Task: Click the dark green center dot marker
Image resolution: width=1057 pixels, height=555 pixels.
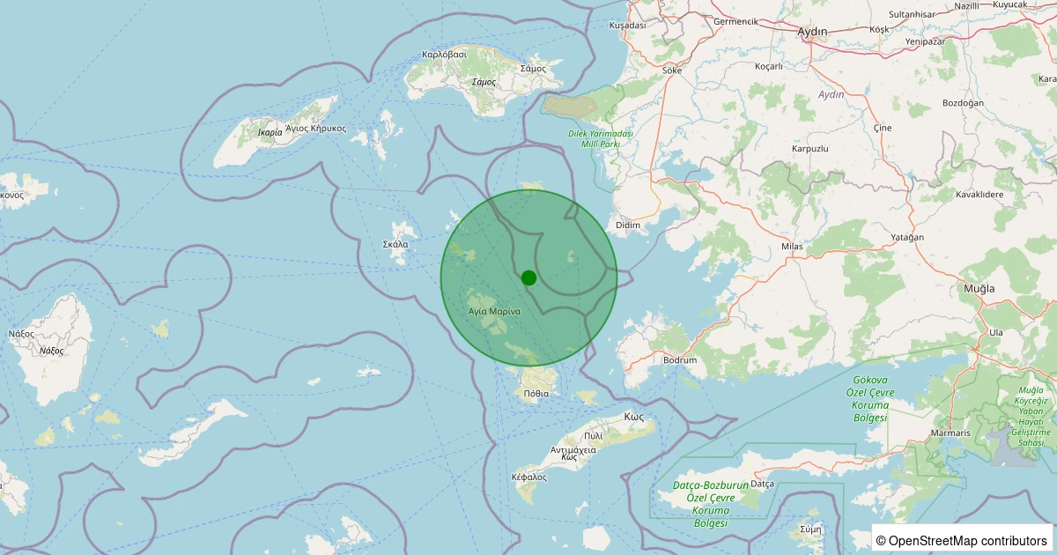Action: [x=528, y=277]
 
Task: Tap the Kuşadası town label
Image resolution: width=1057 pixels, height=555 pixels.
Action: [x=628, y=26]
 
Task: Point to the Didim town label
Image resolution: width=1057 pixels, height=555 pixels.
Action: [x=628, y=226]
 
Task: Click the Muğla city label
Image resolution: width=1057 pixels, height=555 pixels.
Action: [x=979, y=288]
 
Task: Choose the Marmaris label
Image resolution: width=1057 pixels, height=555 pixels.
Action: [x=951, y=433]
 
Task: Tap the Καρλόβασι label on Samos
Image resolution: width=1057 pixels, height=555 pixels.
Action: [x=444, y=54]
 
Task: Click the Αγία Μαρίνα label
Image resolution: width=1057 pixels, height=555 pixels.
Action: [x=494, y=311]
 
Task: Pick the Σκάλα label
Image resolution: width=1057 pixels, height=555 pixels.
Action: [x=395, y=244]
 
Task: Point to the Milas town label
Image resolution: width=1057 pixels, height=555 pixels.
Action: [x=792, y=247]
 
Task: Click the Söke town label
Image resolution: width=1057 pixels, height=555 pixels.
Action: [x=672, y=70]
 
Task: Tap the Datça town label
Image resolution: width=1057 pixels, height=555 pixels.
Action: [x=761, y=484]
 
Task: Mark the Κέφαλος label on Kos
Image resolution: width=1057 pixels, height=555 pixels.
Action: [x=528, y=477]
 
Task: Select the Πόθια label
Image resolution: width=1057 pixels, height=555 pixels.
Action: [x=536, y=393]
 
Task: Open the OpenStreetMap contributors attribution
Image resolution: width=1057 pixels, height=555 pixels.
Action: [x=962, y=540]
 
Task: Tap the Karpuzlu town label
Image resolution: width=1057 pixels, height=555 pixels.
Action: [x=810, y=149]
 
